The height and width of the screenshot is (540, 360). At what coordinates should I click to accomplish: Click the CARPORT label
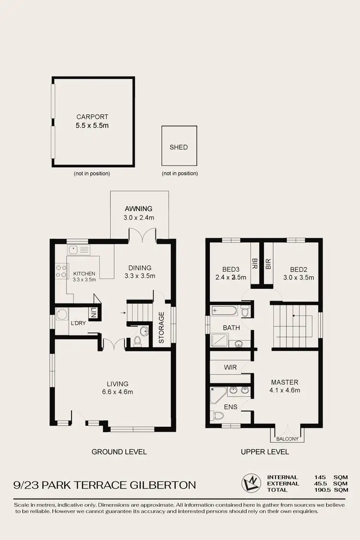[x=93, y=117]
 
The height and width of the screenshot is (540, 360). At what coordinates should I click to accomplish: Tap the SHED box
[x=179, y=147]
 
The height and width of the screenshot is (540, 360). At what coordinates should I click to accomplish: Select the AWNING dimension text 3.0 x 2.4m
[x=139, y=217]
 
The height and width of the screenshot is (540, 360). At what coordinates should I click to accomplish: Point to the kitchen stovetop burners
[x=61, y=271]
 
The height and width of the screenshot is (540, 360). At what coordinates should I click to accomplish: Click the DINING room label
[x=140, y=268]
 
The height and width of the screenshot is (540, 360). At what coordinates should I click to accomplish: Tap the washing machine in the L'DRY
[x=62, y=315]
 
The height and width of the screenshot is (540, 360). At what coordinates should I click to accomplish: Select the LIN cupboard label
[x=94, y=314]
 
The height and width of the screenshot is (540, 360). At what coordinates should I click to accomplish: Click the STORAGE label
[x=162, y=328]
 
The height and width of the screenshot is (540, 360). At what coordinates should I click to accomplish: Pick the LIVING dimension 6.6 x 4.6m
[x=118, y=392]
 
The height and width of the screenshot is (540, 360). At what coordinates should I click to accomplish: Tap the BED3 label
[x=232, y=269]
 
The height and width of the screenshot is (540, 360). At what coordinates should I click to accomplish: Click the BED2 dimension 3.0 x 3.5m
[x=299, y=277]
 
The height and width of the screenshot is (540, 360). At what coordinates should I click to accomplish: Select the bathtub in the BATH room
[x=224, y=311]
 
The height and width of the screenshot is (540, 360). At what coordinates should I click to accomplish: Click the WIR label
[x=231, y=367]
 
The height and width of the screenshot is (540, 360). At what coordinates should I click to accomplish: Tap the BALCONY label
[x=288, y=439]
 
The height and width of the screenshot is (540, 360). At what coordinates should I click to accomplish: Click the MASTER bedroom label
[x=285, y=382]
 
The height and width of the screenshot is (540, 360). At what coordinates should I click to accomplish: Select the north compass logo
[x=250, y=483]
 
